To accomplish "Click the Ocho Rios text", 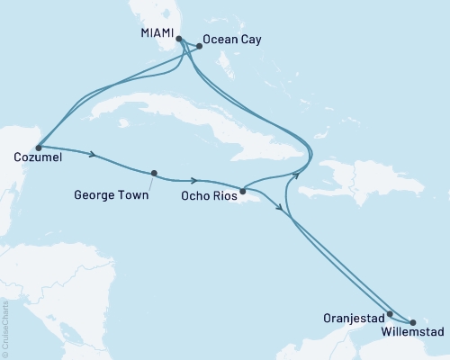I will coord(209,193).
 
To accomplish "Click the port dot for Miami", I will coord(179,40).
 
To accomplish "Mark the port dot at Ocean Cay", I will coord(198,46).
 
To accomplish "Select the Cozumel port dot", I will coord(37,147).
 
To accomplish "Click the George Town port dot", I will coord(154,174).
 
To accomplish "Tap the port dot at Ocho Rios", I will coord(242,190).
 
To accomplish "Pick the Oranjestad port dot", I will coord(389,315).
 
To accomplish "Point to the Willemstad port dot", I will coord(412,322).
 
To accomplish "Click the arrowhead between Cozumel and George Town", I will coord(94,155).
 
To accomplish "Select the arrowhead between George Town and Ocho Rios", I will coord(193,179).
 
